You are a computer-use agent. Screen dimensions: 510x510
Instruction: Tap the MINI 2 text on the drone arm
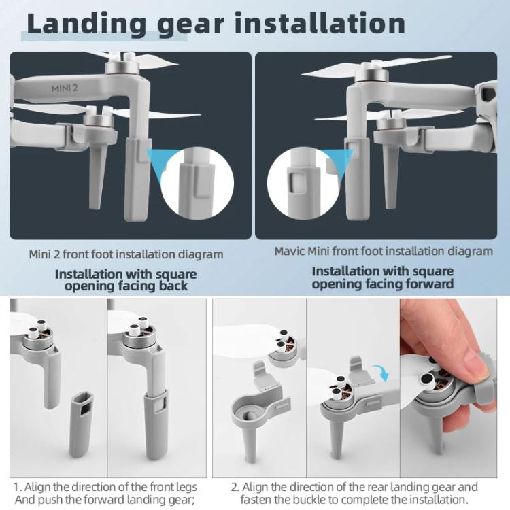coord(66,88)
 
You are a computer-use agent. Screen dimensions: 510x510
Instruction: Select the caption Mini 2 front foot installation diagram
coord(126,254)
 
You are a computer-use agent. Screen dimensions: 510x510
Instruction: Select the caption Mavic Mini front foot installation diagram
coord(384,251)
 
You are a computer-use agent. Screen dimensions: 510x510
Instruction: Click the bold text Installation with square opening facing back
coord(126,280)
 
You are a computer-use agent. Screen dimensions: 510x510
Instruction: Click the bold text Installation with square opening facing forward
coord(383,277)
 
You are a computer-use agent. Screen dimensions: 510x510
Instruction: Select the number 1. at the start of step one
coord(17,487)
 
